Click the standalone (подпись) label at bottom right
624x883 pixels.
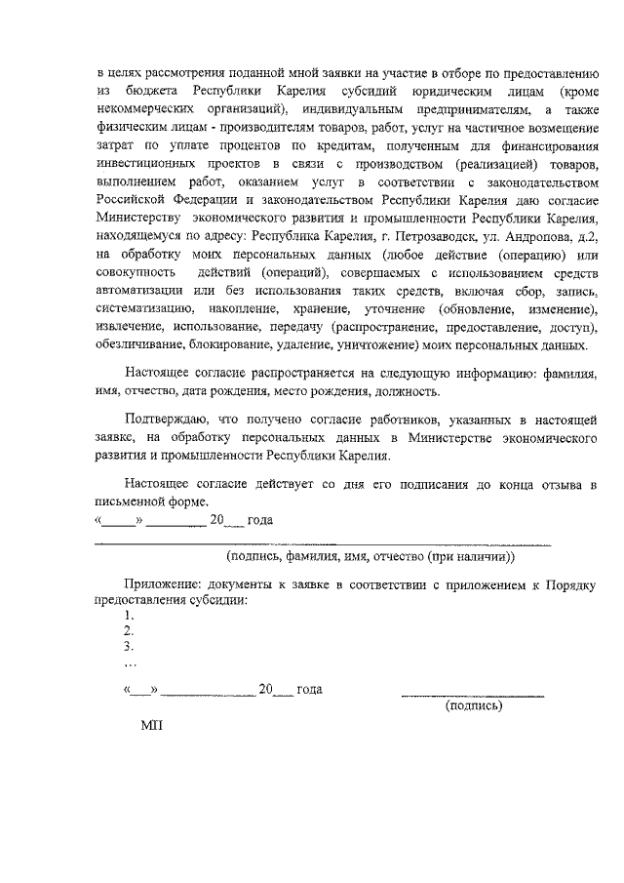(x=473, y=704)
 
